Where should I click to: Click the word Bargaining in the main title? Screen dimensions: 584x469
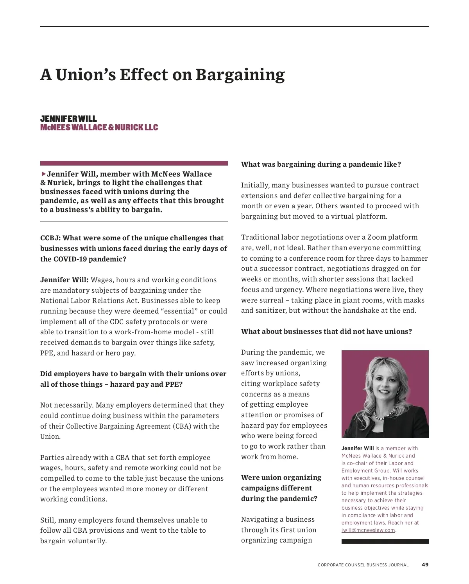pos(240,75)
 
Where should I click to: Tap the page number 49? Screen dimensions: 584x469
pos(425,564)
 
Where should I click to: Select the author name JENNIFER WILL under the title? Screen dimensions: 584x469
pos(68,119)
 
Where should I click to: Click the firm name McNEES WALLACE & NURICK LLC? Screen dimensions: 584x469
pos(99,128)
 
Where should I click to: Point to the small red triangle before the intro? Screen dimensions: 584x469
pos(43,174)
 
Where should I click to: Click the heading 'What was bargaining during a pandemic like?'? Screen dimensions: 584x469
pos(321,164)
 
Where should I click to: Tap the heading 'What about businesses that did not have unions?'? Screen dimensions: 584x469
pos(326,332)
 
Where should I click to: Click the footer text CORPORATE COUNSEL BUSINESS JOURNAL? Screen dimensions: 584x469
pos(363,565)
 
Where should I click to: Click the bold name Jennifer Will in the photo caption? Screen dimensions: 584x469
pos(358,449)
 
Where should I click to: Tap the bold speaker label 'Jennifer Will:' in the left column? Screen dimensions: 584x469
pos(64,280)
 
